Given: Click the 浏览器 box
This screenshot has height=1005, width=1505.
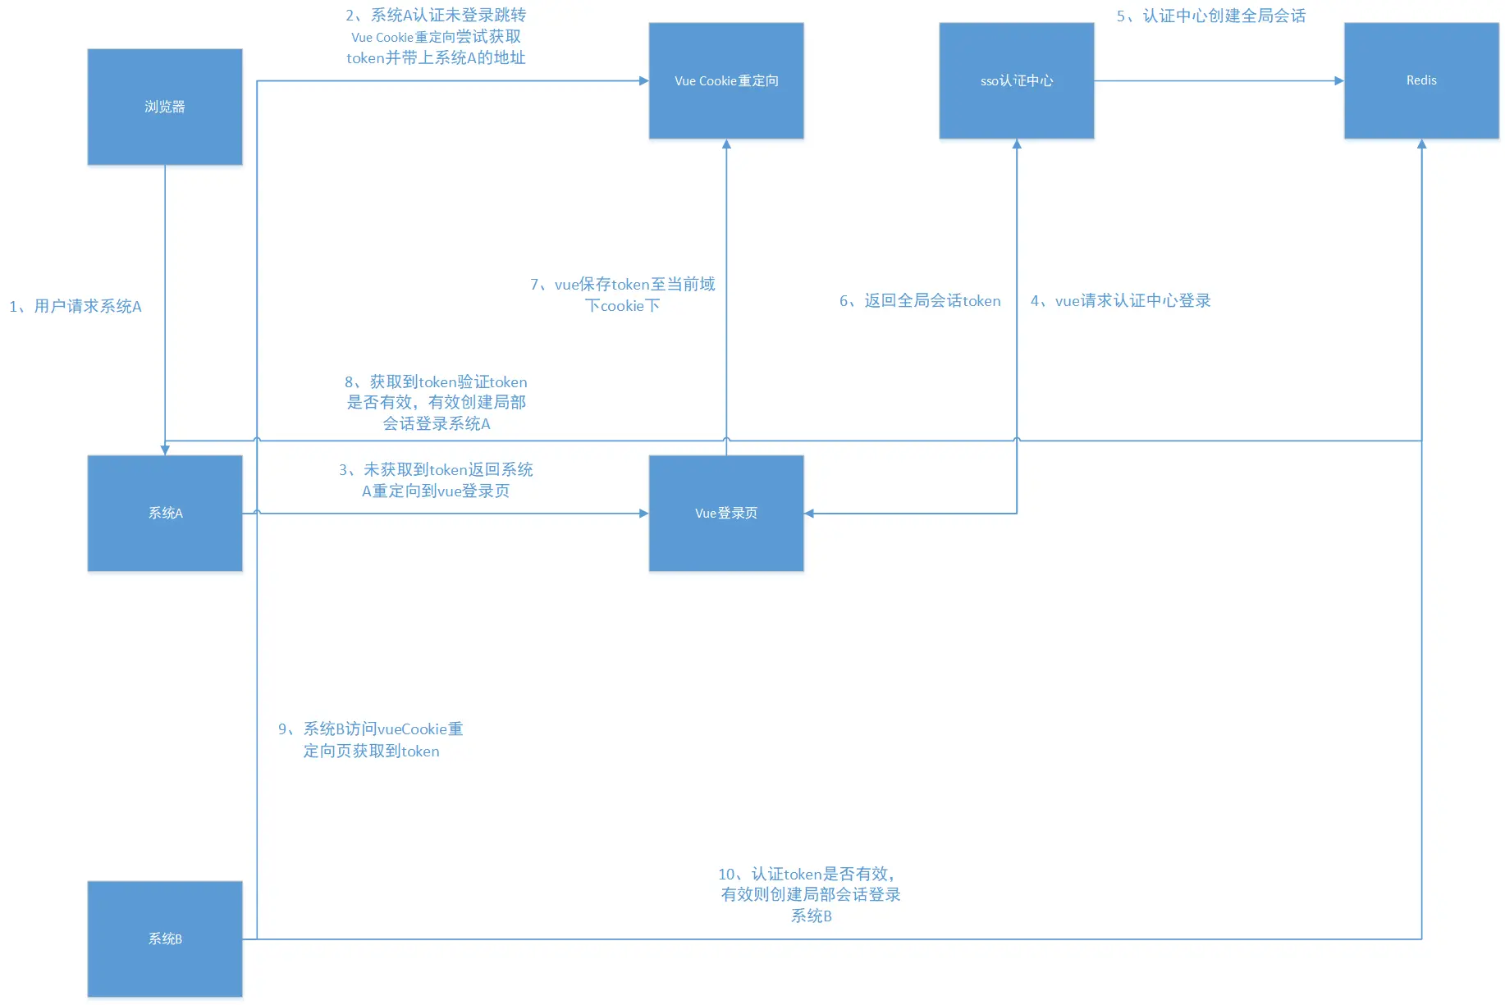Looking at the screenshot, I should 165,107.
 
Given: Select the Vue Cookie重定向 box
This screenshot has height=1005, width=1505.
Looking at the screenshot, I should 725,80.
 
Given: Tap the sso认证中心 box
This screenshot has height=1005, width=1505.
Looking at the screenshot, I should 1016,80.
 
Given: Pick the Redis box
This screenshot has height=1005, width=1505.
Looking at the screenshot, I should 1420,80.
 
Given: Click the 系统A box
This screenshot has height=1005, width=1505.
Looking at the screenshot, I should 165,513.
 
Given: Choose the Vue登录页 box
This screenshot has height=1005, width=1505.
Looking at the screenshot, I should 725,513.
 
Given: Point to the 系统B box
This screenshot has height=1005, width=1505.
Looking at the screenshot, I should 165,939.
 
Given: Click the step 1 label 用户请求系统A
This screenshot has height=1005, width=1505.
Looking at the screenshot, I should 75,306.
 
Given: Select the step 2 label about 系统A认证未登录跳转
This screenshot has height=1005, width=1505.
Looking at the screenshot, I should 436,36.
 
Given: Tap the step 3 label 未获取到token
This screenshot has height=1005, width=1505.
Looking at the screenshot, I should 436,480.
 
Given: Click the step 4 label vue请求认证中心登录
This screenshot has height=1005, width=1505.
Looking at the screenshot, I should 1120,300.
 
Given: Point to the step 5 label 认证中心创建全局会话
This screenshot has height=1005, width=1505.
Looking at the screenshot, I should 1210,16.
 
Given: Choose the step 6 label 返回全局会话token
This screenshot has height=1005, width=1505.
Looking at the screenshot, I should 920,300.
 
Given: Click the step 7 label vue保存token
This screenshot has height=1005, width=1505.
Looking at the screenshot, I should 623,295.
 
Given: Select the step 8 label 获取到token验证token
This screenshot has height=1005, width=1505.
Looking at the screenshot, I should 436,402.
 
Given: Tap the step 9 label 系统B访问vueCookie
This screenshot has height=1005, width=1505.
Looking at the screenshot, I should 371,739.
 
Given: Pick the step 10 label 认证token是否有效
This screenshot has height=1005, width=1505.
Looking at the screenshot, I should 810,894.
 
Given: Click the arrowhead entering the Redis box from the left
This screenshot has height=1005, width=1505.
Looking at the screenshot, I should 1338,80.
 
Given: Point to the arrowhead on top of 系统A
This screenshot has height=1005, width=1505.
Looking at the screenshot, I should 165,450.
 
